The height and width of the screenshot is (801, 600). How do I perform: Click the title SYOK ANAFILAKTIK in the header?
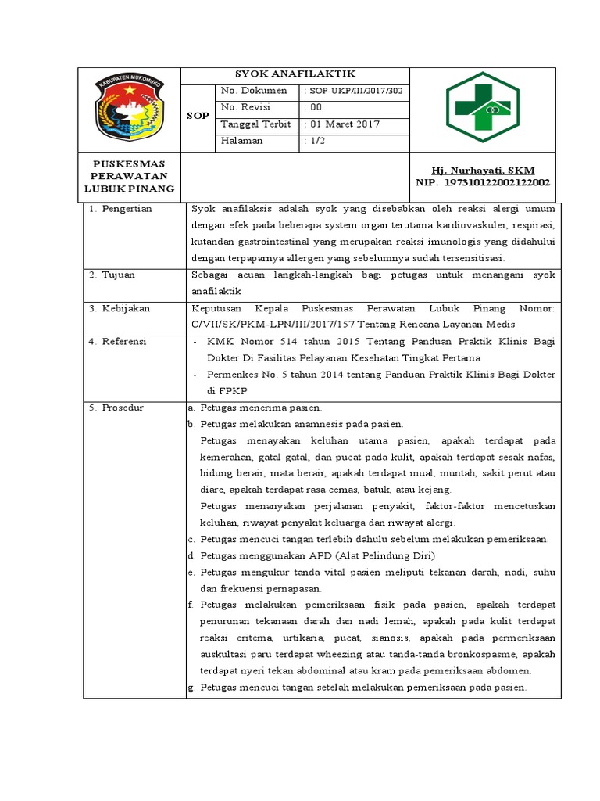[x=295, y=74]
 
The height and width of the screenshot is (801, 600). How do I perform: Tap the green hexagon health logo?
[x=481, y=109]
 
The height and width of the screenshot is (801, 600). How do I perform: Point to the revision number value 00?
[x=316, y=107]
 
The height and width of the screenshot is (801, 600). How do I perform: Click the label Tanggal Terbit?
[x=255, y=124]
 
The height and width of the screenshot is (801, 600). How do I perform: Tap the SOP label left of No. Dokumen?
[x=198, y=116]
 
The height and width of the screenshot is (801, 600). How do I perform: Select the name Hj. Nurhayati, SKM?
[x=483, y=171]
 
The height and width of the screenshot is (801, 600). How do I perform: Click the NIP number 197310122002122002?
[x=497, y=182]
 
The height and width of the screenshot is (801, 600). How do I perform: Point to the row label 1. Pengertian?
[x=121, y=209]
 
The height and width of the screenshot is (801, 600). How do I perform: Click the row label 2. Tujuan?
[x=114, y=275]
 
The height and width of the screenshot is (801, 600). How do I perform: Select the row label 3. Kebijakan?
[x=120, y=308]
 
